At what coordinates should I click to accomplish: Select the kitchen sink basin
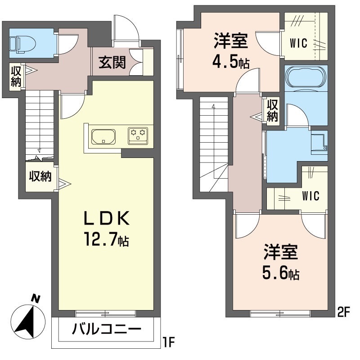[x=103, y=136]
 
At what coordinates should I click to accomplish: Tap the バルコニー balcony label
[x=106, y=330]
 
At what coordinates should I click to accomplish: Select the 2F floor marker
[x=343, y=310]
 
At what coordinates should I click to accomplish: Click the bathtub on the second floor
[x=306, y=76]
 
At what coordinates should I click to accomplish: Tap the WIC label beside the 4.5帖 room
[x=299, y=44]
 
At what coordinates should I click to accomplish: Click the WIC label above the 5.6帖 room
[x=310, y=196]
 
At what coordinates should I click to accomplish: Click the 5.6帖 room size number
[x=281, y=272]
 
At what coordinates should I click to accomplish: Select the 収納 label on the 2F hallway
[x=272, y=110]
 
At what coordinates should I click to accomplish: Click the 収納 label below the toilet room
[x=15, y=76]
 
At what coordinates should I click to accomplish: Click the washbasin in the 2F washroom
[x=319, y=140]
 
